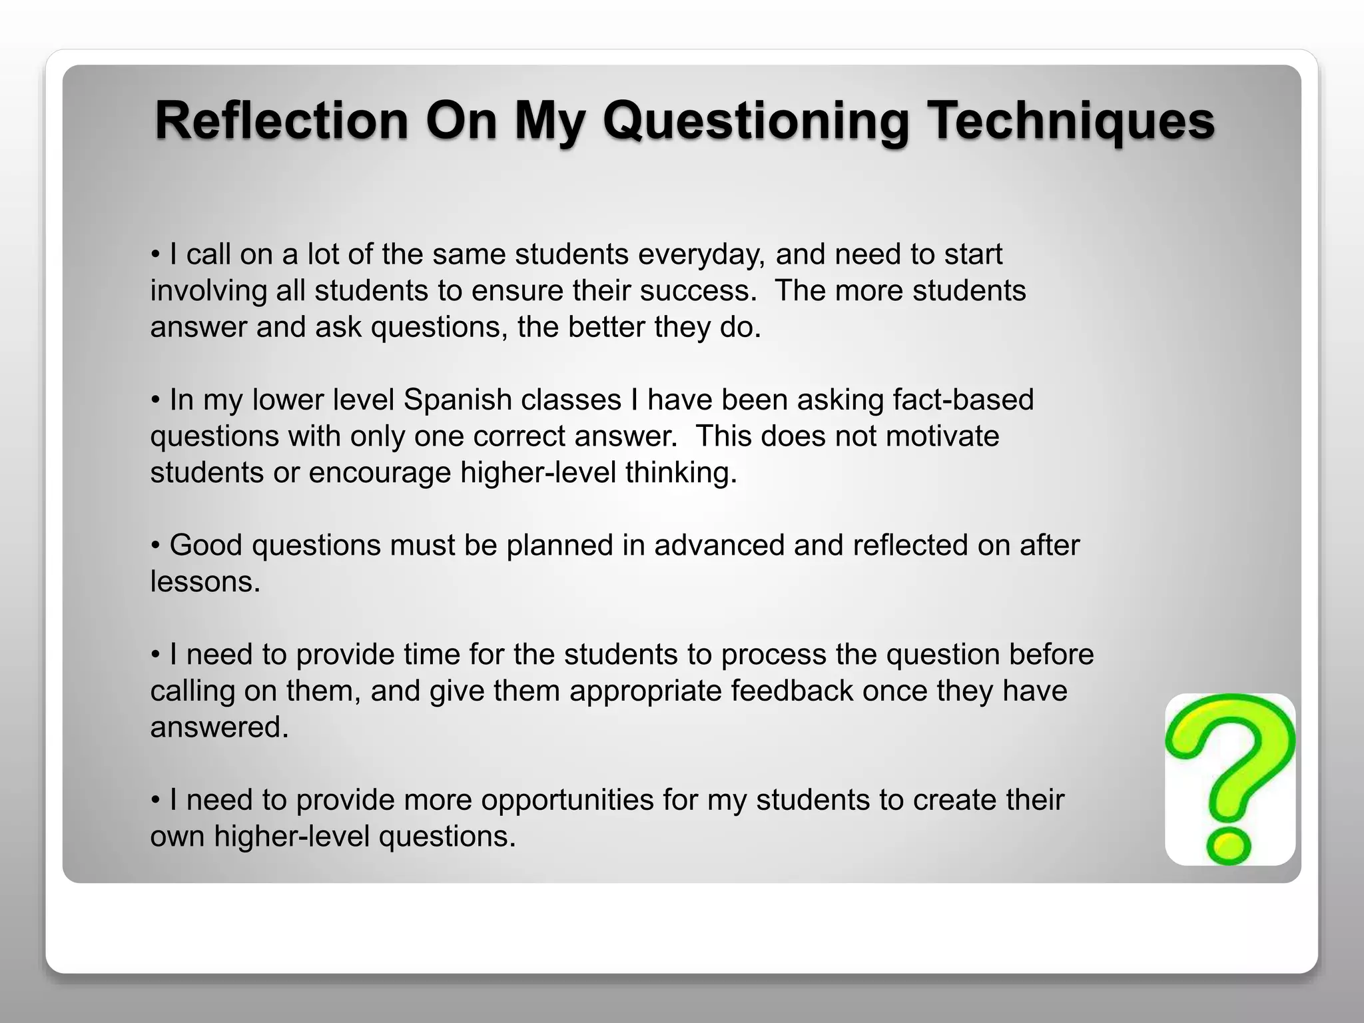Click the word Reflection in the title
(281, 121)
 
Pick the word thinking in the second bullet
(681, 473)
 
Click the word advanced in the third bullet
(719, 545)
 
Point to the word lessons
(204, 582)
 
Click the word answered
(219, 727)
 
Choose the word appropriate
(645, 691)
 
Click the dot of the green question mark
(1227, 847)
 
